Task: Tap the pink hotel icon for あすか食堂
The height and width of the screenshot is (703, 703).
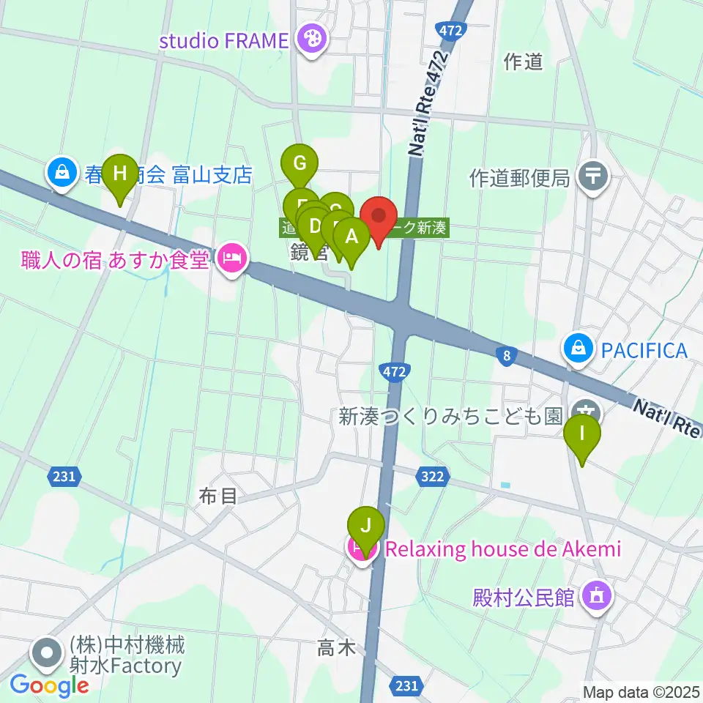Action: coord(232,258)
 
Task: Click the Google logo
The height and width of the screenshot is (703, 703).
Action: coord(49,685)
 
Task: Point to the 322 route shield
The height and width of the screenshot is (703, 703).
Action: coord(432,477)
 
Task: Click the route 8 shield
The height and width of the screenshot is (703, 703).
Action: coord(505,357)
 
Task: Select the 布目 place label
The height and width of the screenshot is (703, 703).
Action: coord(218,496)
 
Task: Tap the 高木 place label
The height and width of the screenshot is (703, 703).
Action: coord(336,647)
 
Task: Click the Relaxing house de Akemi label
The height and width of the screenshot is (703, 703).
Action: coord(502,548)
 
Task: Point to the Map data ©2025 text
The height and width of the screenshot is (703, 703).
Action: coord(641,691)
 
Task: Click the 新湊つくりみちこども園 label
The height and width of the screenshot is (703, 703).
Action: coord(450,417)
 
